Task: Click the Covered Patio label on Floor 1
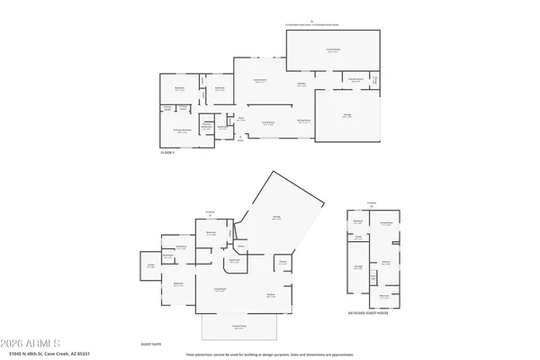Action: click(x=333, y=51)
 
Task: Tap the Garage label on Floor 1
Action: click(x=347, y=115)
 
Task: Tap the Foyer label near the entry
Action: click(x=241, y=118)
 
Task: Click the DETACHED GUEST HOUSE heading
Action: click(x=373, y=313)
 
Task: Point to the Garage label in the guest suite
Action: click(x=276, y=219)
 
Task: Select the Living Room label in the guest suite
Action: click(x=219, y=289)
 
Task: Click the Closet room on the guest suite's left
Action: click(x=150, y=265)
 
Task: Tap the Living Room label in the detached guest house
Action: click(x=386, y=224)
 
